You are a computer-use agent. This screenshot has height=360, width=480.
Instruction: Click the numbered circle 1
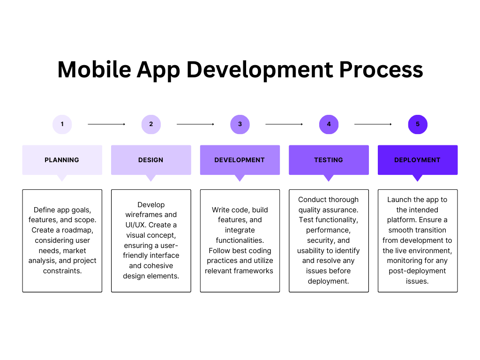click(x=62, y=124)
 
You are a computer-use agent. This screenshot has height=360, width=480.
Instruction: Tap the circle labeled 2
click(x=151, y=124)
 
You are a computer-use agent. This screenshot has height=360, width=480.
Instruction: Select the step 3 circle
click(x=240, y=124)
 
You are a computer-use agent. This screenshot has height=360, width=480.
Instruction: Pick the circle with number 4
click(x=329, y=124)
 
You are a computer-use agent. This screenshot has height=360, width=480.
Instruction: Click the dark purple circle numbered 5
click(x=418, y=124)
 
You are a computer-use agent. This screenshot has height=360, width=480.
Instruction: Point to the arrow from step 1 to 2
click(x=106, y=124)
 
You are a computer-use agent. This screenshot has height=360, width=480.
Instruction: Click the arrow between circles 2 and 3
click(x=195, y=124)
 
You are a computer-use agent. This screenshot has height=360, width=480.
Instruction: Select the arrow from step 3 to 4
click(x=284, y=124)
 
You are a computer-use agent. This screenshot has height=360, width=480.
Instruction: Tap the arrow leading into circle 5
click(x=373, y=124)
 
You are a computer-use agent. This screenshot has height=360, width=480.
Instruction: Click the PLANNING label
click(x=62, y=160)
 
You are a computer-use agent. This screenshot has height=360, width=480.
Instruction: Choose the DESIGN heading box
click(x=151, y=160)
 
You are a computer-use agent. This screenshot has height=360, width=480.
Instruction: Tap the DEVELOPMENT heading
click(x=240, y=160)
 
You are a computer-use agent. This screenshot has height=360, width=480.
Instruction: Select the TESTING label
click(x=329, y=160)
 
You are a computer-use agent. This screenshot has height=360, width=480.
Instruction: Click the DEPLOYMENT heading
click(x=417, y=160)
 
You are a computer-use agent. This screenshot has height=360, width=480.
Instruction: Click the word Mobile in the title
click(x=94, y=69)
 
